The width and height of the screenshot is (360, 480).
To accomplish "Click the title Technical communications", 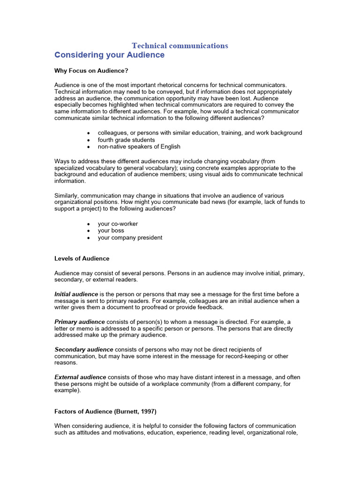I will [180, 45].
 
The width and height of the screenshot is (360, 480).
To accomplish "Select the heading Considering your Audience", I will [109, 55].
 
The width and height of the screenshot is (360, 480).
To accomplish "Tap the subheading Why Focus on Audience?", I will [91, 71].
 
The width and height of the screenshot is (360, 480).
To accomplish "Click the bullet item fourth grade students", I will [126, 140].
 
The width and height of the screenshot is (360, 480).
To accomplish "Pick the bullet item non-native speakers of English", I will [139, 147].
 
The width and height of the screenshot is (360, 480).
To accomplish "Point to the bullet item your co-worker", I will [118, 224].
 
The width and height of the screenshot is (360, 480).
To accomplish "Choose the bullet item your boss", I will [111, 231].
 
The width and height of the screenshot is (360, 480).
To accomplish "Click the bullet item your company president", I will [130, 238].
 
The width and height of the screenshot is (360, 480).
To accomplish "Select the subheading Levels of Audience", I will [82, 258].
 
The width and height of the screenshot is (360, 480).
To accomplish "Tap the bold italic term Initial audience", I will [76, 294].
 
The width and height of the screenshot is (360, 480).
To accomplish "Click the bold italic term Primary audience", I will [80, 322].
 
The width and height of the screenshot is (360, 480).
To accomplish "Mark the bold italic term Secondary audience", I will [83, 349].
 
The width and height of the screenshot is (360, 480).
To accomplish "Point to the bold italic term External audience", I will [80, 377].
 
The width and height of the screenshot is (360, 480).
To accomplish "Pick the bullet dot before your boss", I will [89, 231].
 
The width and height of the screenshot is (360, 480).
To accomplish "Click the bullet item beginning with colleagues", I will [200, 133].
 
